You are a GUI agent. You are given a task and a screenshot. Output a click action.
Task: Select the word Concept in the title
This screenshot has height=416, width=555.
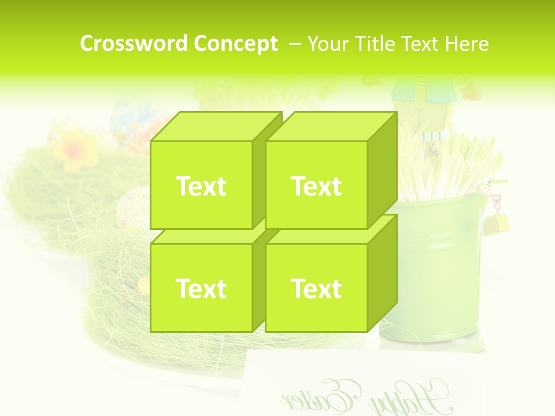click(235, 44)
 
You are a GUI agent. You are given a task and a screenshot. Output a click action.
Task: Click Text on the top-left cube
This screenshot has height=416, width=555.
click(201, 186)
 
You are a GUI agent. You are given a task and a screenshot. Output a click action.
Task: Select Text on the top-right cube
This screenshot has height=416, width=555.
click(316, 186)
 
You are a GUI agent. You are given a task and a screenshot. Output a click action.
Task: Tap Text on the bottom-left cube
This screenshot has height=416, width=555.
click(201, 288)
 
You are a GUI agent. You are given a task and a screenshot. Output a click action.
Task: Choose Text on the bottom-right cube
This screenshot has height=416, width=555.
click(316, 288)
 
